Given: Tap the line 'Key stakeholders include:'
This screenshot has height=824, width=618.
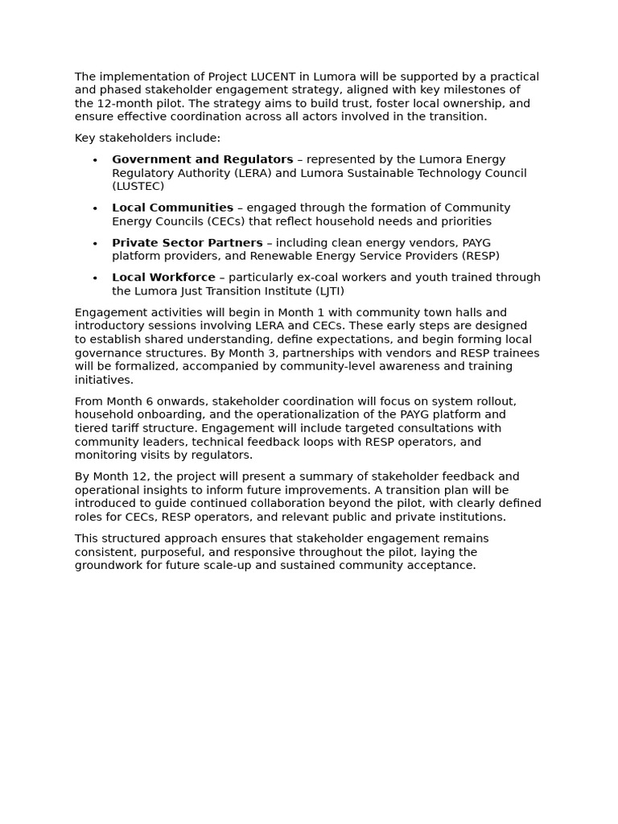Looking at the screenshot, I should (x=147, y=138).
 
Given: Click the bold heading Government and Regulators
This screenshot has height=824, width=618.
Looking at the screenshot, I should (x=202, y=160).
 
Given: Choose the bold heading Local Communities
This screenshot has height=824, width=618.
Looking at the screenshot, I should (x=172, y=208).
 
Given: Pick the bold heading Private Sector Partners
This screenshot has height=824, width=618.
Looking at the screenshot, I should (x=187, y=243).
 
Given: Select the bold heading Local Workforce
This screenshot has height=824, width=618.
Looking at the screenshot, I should (x=163, y=278).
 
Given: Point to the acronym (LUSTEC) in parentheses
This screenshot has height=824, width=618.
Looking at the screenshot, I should (x=138, y=187).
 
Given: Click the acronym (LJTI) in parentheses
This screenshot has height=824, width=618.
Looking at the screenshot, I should (x=327, y=291).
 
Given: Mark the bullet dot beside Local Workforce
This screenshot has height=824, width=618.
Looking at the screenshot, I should (x=95, y=278).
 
